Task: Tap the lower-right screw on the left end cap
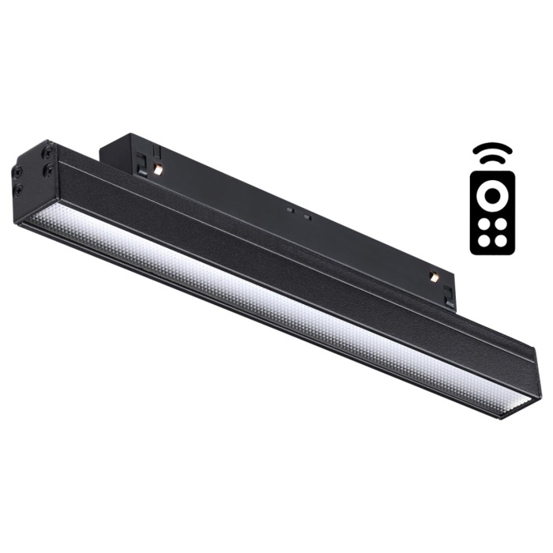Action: click(49, 169)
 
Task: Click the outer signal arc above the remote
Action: click(492, 147)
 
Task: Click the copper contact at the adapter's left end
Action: click(158, 169)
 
